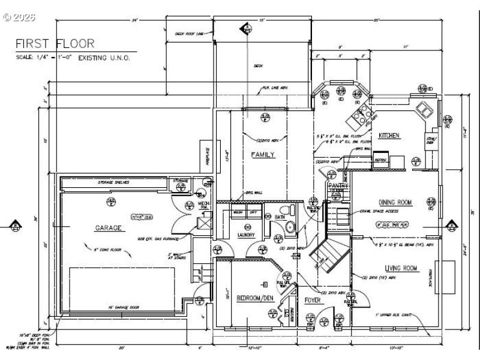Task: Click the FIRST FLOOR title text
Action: pyautogui.click(x=55, y=43)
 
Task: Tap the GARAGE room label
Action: pyautogui.click(x=108, y=228)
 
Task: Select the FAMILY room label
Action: pyautogui.click(x=262, y=155)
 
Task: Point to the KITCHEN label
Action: pyautogui.click(x=389, y=136)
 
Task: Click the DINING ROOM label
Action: pyautogui.click(x=395, y=203)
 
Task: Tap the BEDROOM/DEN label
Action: pyautogui.click(x=256, y=298)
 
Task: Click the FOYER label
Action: pyautogui.click(x=313, y=298)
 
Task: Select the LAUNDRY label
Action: pyautogui.click(x=245, y=235)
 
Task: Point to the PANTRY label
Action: pyautogui.click(x=338, y=186)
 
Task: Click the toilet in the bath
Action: pyautogui.click(x=292, y=211)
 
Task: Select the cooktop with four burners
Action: pyautogui.click(x=364, y=113)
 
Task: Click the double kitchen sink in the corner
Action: pyautogui.click(x=425, y=109)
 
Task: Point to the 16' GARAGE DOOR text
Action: pyautogui.click(x=124, y=307)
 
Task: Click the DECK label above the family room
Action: pyautogui.click(x=258, y=66)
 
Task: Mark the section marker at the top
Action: pyautogui.click(x=245, y=28)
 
